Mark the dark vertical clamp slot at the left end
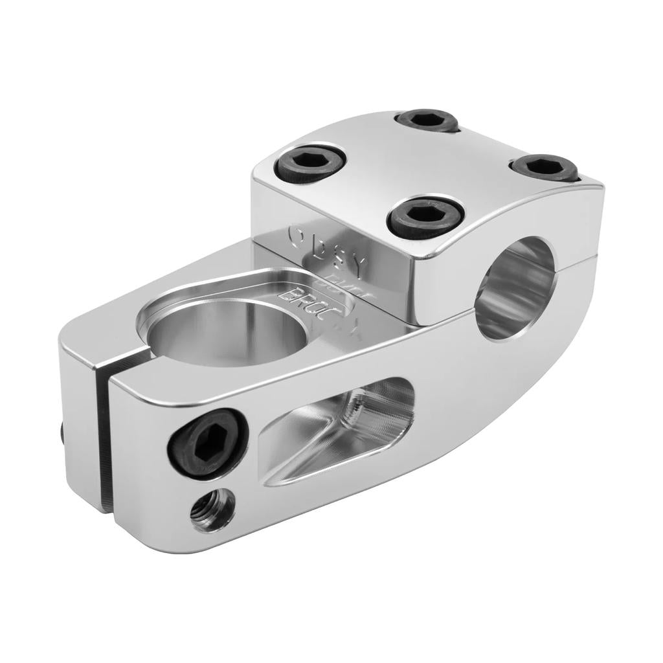(102, 434)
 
